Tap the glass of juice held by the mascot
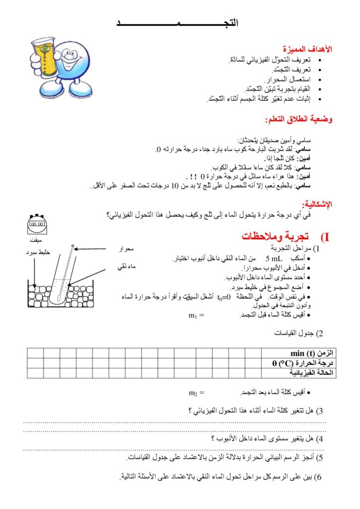46,53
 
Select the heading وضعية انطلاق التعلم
298,120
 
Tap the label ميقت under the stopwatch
36,240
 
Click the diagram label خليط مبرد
38,252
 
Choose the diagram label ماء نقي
126,267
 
